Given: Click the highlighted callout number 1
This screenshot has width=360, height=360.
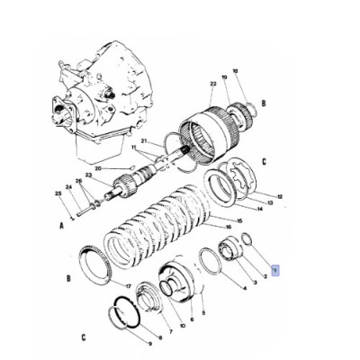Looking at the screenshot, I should coord(277,268).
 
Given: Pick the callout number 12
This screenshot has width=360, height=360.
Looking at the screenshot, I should coord(280,195).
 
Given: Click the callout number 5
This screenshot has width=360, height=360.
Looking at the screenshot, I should coord(203,312).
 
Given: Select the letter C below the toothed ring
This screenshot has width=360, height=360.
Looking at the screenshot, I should coord(84,338).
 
